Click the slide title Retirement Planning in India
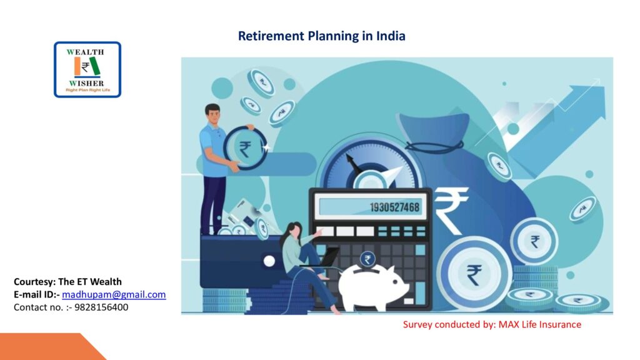[322, 36]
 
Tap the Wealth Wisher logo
[87, 69]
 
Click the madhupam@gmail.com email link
[114, 295]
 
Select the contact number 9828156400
[101, 307]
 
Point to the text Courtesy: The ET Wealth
[67, 282]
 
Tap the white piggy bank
[372, 287]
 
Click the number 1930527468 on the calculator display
[394, 207]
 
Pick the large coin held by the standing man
[244, 148]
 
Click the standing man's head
[212, 114]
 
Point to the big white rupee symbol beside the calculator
[450, 211]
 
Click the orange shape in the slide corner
[49, 347]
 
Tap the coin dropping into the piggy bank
[367, 259]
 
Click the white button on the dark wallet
[269, 261]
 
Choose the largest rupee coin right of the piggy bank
[474, 274]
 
